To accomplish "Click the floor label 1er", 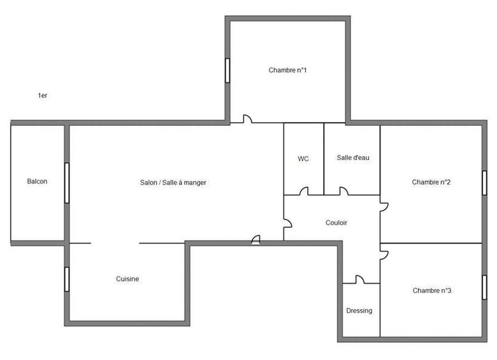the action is pos(42,95).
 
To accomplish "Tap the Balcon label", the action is pos(37,181).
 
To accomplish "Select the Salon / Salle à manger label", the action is pos(173,183).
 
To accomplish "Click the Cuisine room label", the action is pos(128,279).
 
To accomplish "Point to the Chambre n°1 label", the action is pos(288,70).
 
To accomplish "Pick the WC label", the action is pos(303,159).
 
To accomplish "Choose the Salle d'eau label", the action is pos(353,158).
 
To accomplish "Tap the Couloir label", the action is pos(337,223).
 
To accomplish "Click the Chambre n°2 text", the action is pos(431,182).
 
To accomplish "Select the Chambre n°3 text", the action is pos(432,290).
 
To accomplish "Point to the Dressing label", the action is pos(359,310).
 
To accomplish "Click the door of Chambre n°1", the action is pos(247,119).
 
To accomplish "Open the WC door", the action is pos(304,191).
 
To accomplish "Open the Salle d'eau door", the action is pos(344,191).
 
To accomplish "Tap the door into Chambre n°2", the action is pos(384,207).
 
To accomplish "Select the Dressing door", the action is pos(360,280).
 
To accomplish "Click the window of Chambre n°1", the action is pos(227,70).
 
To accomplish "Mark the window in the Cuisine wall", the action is pos(67,279).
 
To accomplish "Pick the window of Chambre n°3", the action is pos(484,287).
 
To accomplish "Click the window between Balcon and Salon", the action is pos(67,183).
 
